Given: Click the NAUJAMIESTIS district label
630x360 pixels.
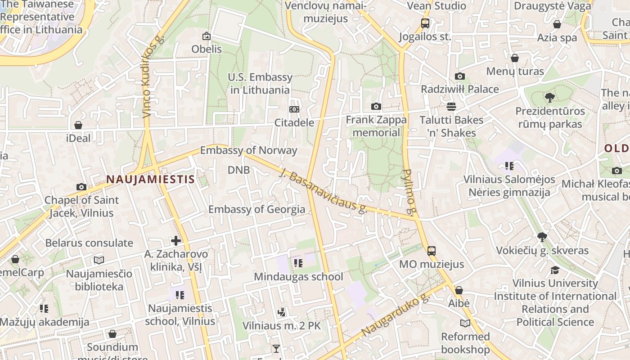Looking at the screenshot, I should [150, 180].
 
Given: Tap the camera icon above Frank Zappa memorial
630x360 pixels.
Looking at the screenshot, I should [376, 107].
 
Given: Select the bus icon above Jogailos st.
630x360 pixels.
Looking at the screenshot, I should [425, 23].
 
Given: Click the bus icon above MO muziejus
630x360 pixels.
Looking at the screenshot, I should [431, 251].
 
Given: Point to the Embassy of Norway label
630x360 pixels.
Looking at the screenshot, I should [248, 150].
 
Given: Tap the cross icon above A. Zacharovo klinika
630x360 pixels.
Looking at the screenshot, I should [176, 241].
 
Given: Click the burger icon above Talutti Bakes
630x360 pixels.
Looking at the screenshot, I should [451, 107].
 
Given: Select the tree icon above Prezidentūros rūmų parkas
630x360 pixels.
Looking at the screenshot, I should [549, 97].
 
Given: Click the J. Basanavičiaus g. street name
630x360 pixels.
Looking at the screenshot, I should [324, 191].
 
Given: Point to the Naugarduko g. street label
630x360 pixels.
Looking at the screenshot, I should [396, 315].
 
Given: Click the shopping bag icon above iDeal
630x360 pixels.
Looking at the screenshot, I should [78, 125].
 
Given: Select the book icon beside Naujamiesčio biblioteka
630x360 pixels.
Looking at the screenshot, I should [99, 260].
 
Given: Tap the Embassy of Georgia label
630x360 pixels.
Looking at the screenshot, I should [256, 209].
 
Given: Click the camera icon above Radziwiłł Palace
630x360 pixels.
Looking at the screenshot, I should [459, 76].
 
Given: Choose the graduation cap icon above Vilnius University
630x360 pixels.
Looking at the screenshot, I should [555, 270].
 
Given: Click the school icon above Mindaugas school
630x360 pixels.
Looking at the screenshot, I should [298, 263].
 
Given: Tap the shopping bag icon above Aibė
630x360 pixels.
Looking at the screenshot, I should [459, 291].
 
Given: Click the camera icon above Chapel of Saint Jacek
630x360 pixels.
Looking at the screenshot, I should [81, 187].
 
